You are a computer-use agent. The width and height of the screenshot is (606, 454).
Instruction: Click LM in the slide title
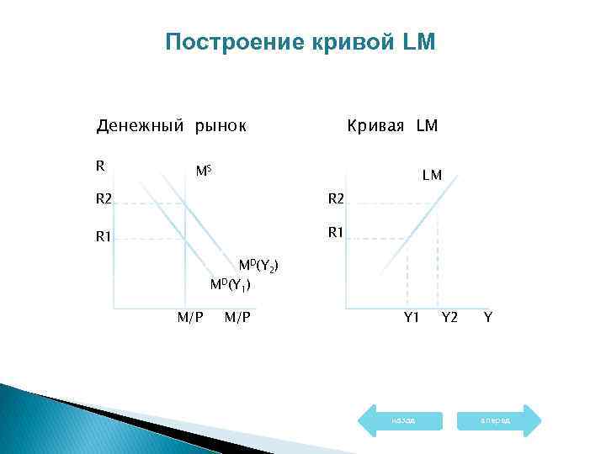[x=421, y=42]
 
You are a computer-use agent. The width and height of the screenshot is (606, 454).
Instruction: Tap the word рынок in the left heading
[x=221, y=126]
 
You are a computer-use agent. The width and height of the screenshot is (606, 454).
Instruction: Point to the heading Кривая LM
[x=392, y=126]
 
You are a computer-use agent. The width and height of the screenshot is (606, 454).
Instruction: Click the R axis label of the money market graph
[x=100, y=166]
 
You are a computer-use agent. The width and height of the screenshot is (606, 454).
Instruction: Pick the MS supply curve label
[x=203, y=172]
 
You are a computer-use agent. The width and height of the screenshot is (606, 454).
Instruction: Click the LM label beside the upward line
[x=433, y=176]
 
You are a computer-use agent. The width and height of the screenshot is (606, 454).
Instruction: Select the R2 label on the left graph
[x=104, y=200]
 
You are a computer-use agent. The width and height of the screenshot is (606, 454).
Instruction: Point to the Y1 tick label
[x=411, y=317]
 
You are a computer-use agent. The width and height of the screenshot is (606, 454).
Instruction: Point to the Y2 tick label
[x=449, y=317]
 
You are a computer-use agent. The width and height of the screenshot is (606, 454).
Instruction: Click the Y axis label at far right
[x=487, y=317]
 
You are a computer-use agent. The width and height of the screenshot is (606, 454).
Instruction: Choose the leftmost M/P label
[x=189, y=317]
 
